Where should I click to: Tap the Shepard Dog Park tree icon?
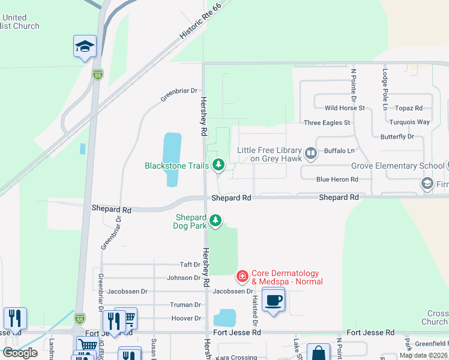[215, 221]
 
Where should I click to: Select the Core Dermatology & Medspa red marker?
[242, 277]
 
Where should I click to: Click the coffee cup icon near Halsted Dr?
[273, 300]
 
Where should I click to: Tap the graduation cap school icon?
[85, 46]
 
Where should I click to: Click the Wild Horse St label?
[345, 108]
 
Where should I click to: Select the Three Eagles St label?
[327, 122]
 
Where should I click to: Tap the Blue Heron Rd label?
[337, 179]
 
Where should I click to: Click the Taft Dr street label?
[190, 265]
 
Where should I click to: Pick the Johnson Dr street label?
[184, 278]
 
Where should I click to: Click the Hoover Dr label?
[186, 319]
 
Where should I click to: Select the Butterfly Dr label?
[397, 137]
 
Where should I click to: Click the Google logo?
[20, 353]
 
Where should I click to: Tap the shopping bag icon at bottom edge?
[318, 352]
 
